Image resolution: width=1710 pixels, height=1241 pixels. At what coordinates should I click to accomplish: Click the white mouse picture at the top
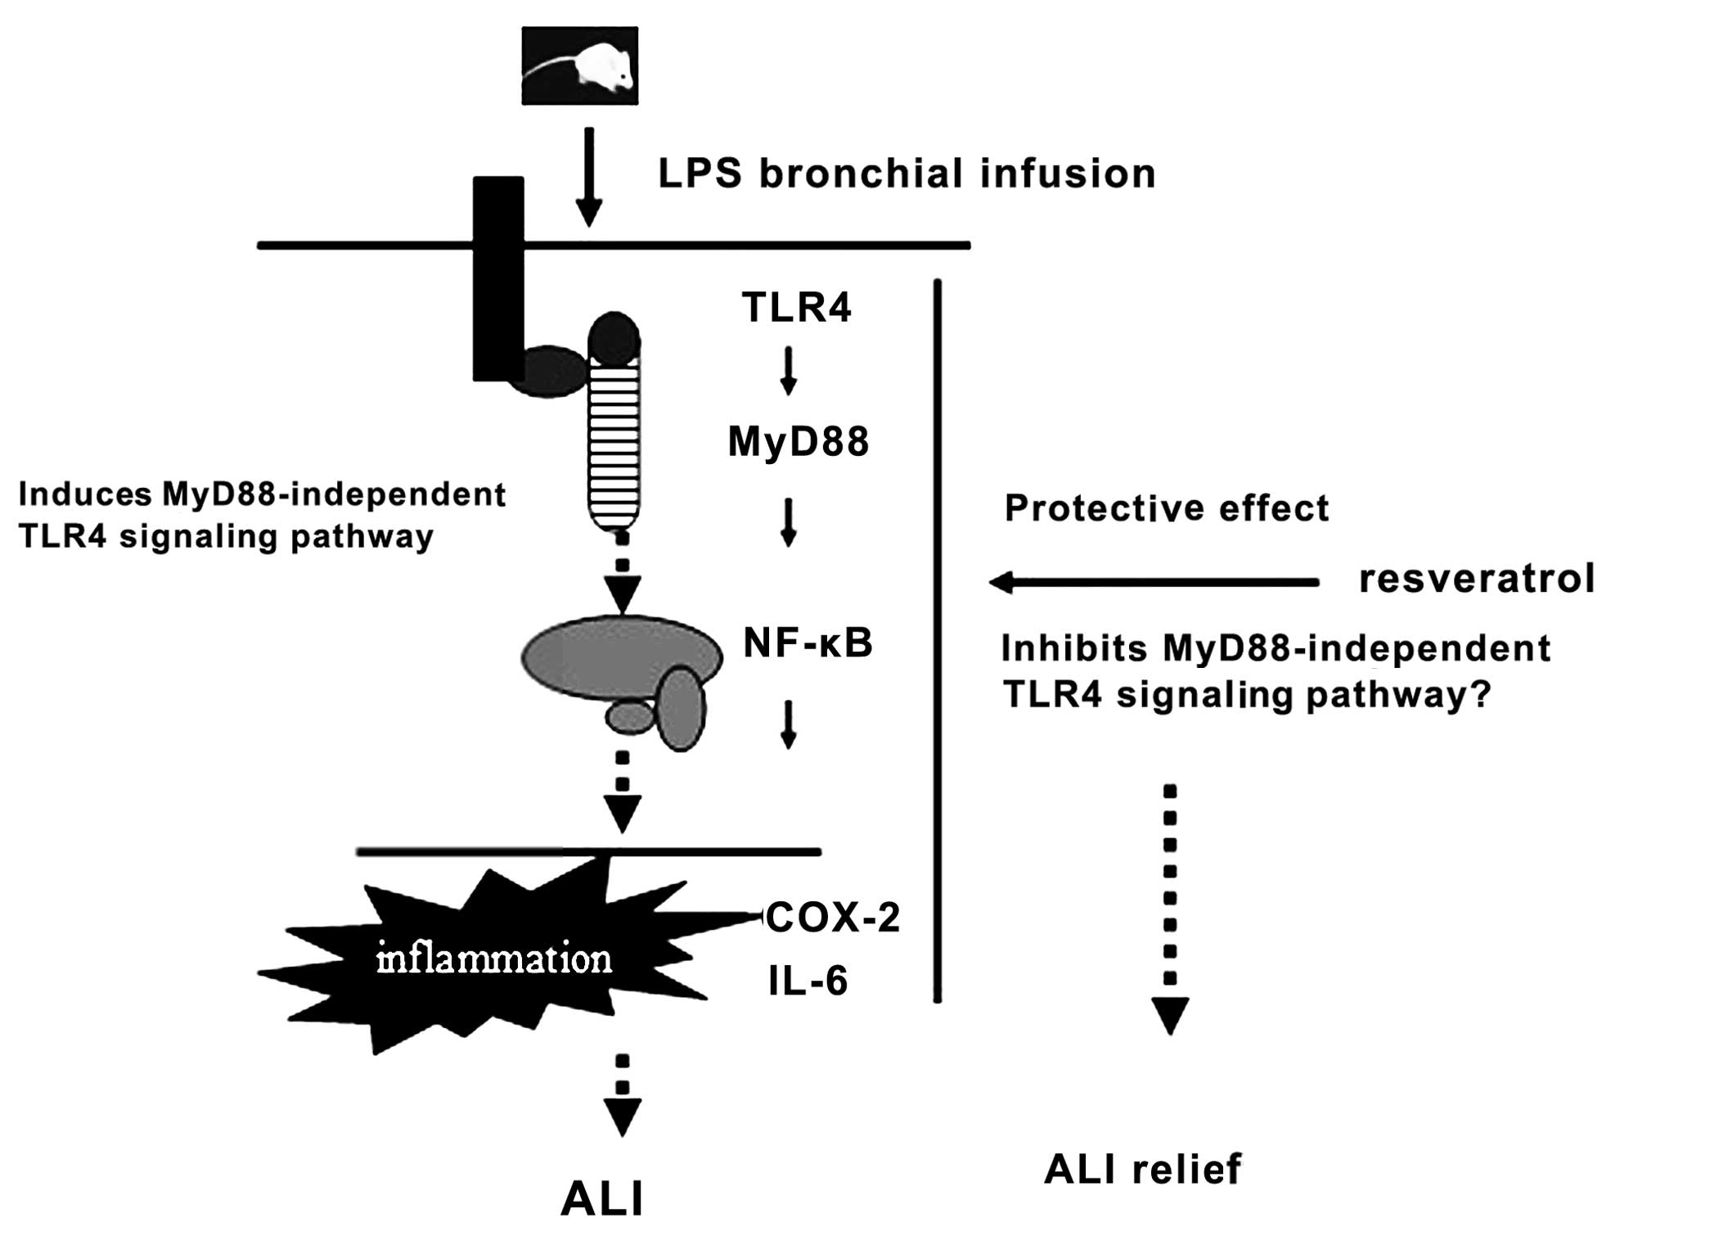[579, 65]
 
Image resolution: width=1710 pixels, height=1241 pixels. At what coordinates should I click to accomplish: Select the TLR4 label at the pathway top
[796, 308]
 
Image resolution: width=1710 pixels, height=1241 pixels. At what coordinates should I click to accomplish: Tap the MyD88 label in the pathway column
[798, 442]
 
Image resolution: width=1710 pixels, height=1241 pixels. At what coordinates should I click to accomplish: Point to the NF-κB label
[808, 643]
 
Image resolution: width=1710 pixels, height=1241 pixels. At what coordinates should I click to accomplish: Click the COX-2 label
[834, 918]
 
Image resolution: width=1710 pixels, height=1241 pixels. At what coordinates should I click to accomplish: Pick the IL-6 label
[808, 981]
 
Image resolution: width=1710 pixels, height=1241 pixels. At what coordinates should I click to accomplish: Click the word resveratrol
[1476, 578]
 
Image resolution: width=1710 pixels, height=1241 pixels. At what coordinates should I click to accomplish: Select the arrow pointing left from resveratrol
[1154, 583]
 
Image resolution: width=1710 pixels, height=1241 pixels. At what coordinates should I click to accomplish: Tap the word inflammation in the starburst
[493, 959]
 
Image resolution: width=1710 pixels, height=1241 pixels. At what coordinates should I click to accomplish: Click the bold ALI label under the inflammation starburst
[602, 1200]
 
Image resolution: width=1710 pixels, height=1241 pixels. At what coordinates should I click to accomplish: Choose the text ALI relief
[1142, 1169]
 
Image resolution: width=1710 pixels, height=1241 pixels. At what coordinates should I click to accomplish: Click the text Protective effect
[1166, 508]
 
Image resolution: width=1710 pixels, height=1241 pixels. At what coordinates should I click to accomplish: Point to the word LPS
[700, 174]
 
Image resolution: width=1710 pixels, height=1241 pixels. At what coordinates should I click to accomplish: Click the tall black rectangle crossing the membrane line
[498, 278]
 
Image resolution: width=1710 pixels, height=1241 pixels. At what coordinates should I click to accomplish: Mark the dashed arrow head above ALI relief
[1170, 1015]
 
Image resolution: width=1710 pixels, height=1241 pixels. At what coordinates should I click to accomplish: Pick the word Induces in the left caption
[85, 494]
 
